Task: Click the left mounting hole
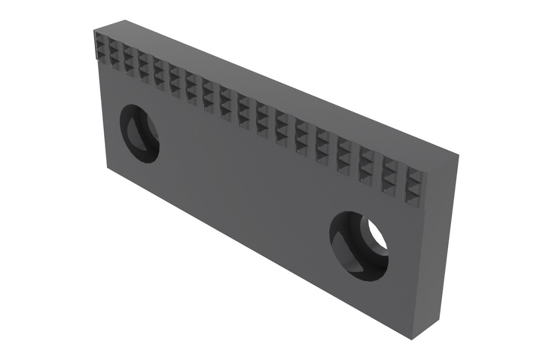click(139, 133)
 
